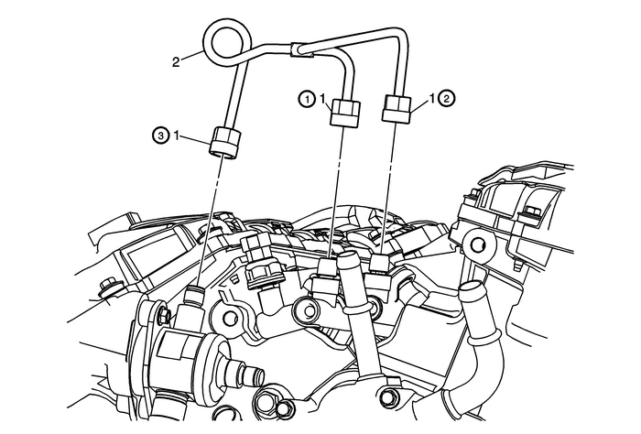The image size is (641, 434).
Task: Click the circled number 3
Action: click(x=160, y=136)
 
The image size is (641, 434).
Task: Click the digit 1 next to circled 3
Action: click(x=185, y=136)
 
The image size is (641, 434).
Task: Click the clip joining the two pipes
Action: click(x=303, y=55)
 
